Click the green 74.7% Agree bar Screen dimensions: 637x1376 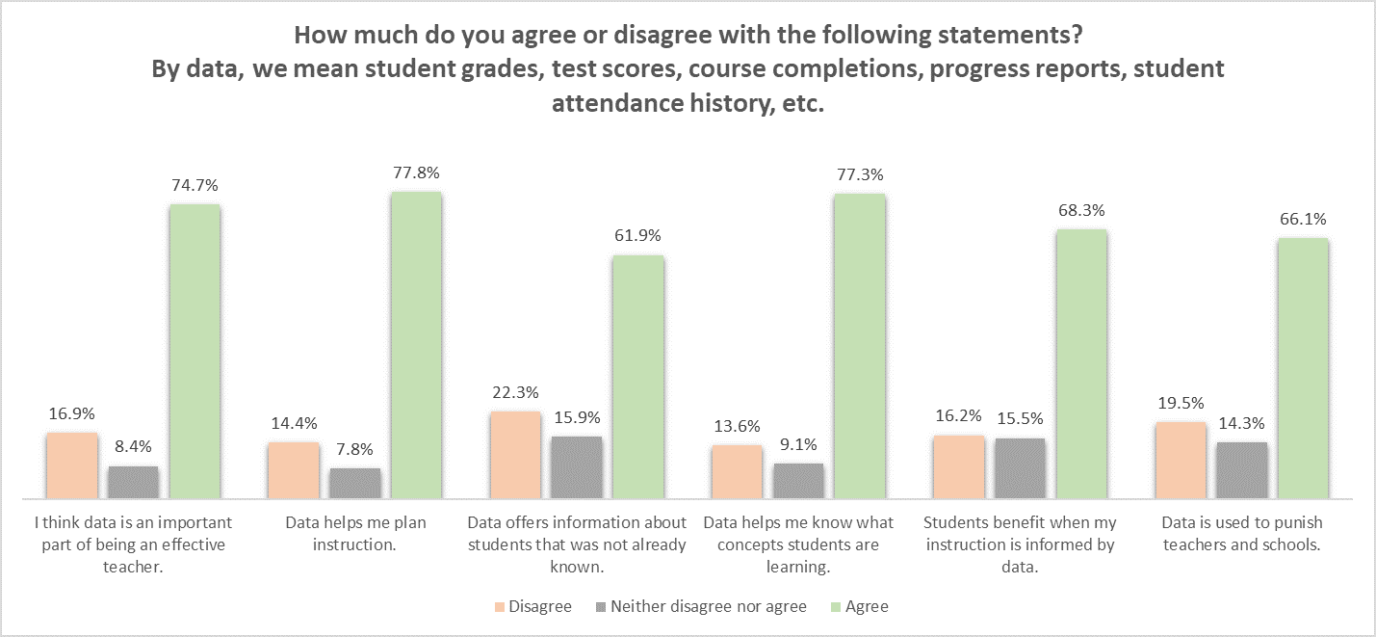pyautogui.click(x=195, y=352)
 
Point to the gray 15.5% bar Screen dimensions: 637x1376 pyautogui.click(x=1020, y=468)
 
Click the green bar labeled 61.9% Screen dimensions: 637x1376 pyautogui.click(x=638, y=377)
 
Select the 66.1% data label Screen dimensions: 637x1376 pyautogui.click(x=1304, y=220)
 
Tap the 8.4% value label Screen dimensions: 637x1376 pyautogui.click(x=133, y=447)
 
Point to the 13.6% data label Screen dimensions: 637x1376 pyautogui.click(x=737, y=426)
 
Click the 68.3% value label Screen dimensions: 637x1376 pyautogui.click(x=1082, y=210)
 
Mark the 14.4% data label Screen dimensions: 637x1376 pyautogui.click(x=294, y=423)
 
